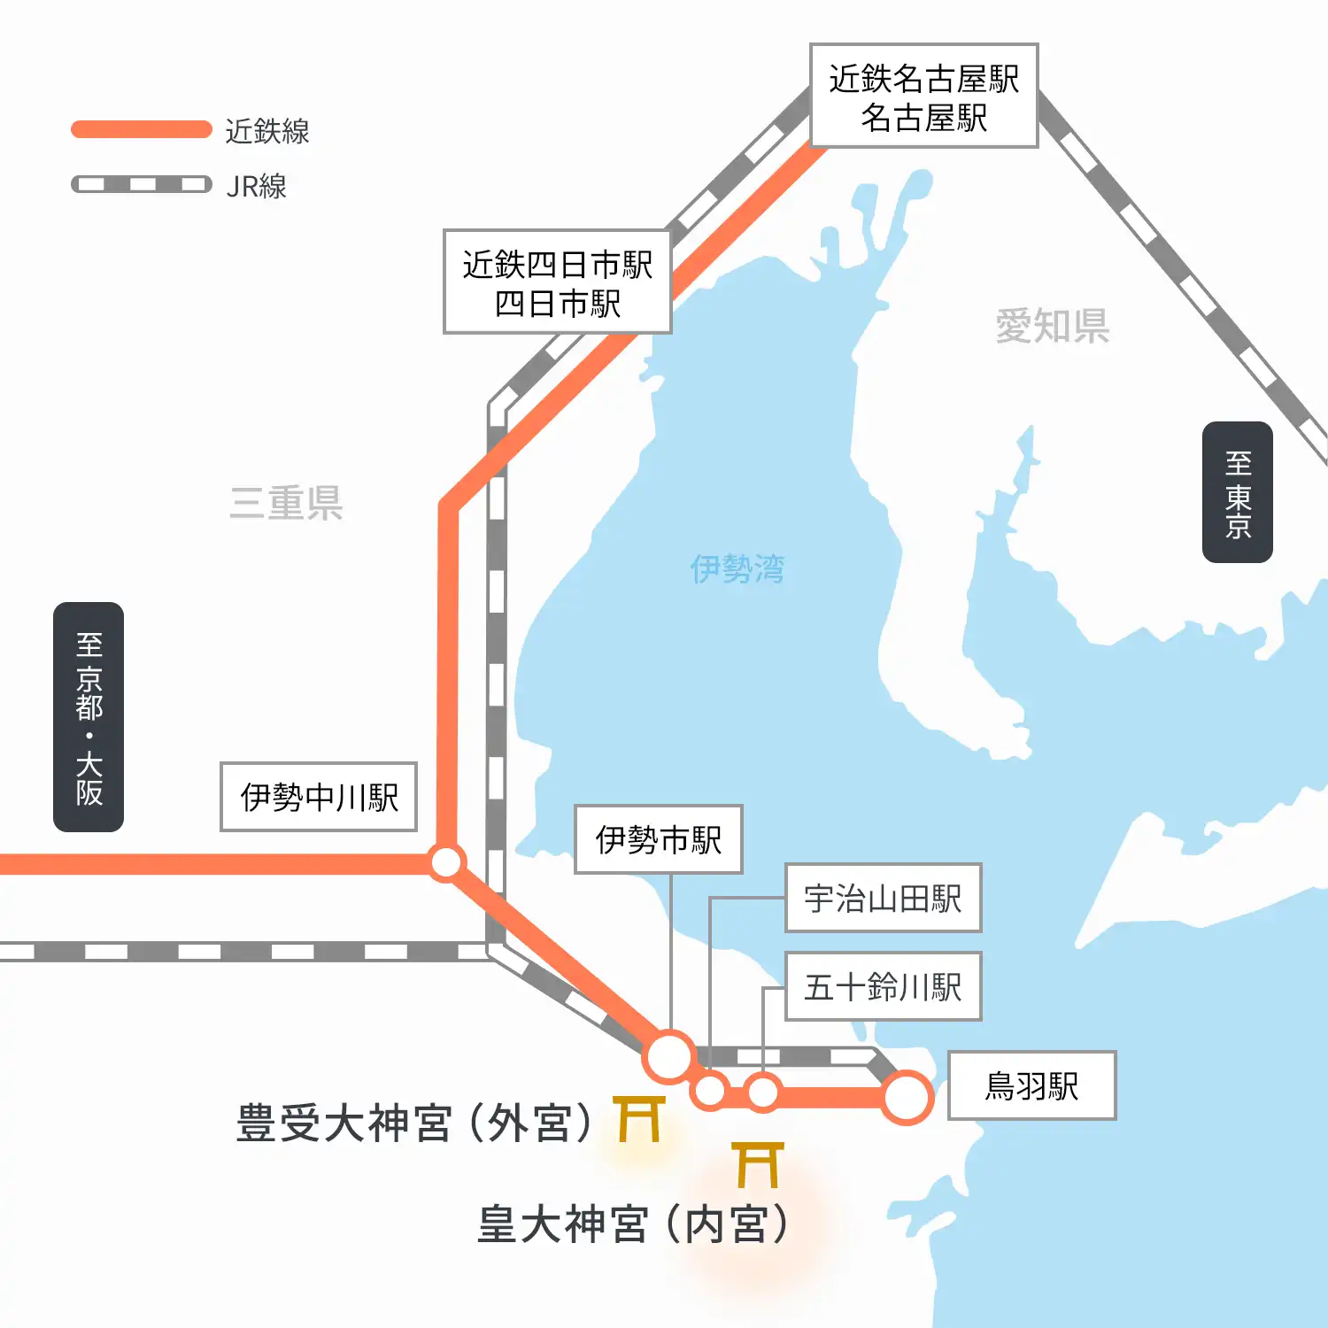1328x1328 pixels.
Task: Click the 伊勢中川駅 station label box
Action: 319,797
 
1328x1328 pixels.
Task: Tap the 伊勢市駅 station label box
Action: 658,839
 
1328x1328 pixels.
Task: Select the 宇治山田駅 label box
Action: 883,898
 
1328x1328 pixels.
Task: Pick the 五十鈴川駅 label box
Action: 883,986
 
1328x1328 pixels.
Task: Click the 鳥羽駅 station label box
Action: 1031,1085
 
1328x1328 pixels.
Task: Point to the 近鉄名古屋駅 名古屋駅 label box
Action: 923,96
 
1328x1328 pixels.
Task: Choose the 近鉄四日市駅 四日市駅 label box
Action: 557,282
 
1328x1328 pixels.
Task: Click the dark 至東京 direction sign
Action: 1237,492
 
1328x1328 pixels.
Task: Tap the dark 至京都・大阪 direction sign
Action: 89,717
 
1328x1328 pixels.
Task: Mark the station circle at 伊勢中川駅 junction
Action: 446,861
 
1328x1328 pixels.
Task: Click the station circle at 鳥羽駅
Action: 907,1097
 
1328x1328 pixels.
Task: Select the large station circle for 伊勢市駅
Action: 669,1056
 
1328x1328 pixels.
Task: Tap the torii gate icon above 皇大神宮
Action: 758,1164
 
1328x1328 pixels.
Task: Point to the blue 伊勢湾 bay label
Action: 737,568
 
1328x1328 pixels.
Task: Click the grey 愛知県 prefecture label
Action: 1052,326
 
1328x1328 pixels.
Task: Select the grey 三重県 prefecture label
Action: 286,503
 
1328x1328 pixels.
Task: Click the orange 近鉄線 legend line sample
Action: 142,129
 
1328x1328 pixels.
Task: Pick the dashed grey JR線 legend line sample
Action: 142,184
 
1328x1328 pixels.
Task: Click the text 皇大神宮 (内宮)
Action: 632,1224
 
